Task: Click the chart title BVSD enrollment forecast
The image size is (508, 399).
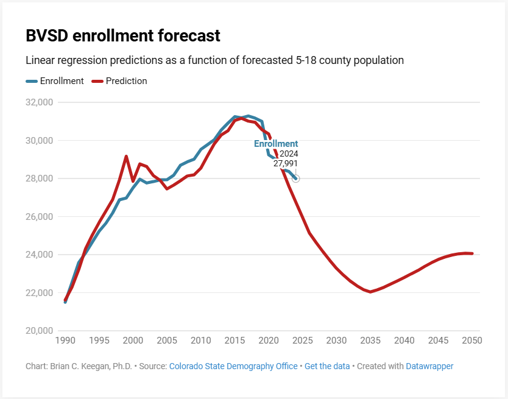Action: click(122, 36)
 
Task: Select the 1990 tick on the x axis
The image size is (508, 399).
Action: click(65, 341)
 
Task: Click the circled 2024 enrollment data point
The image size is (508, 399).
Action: click(296, 178)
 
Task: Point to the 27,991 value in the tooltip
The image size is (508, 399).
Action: click(286, 163)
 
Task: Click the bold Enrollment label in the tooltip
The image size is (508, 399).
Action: click(276, 144)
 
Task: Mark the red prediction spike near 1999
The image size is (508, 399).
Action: click(126, 157)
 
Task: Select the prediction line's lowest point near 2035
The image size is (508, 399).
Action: click(370, 292)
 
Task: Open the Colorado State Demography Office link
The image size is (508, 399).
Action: click(233, 366)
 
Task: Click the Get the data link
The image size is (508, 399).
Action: click(327, 366)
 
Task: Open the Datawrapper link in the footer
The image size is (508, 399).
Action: click(429, 366)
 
